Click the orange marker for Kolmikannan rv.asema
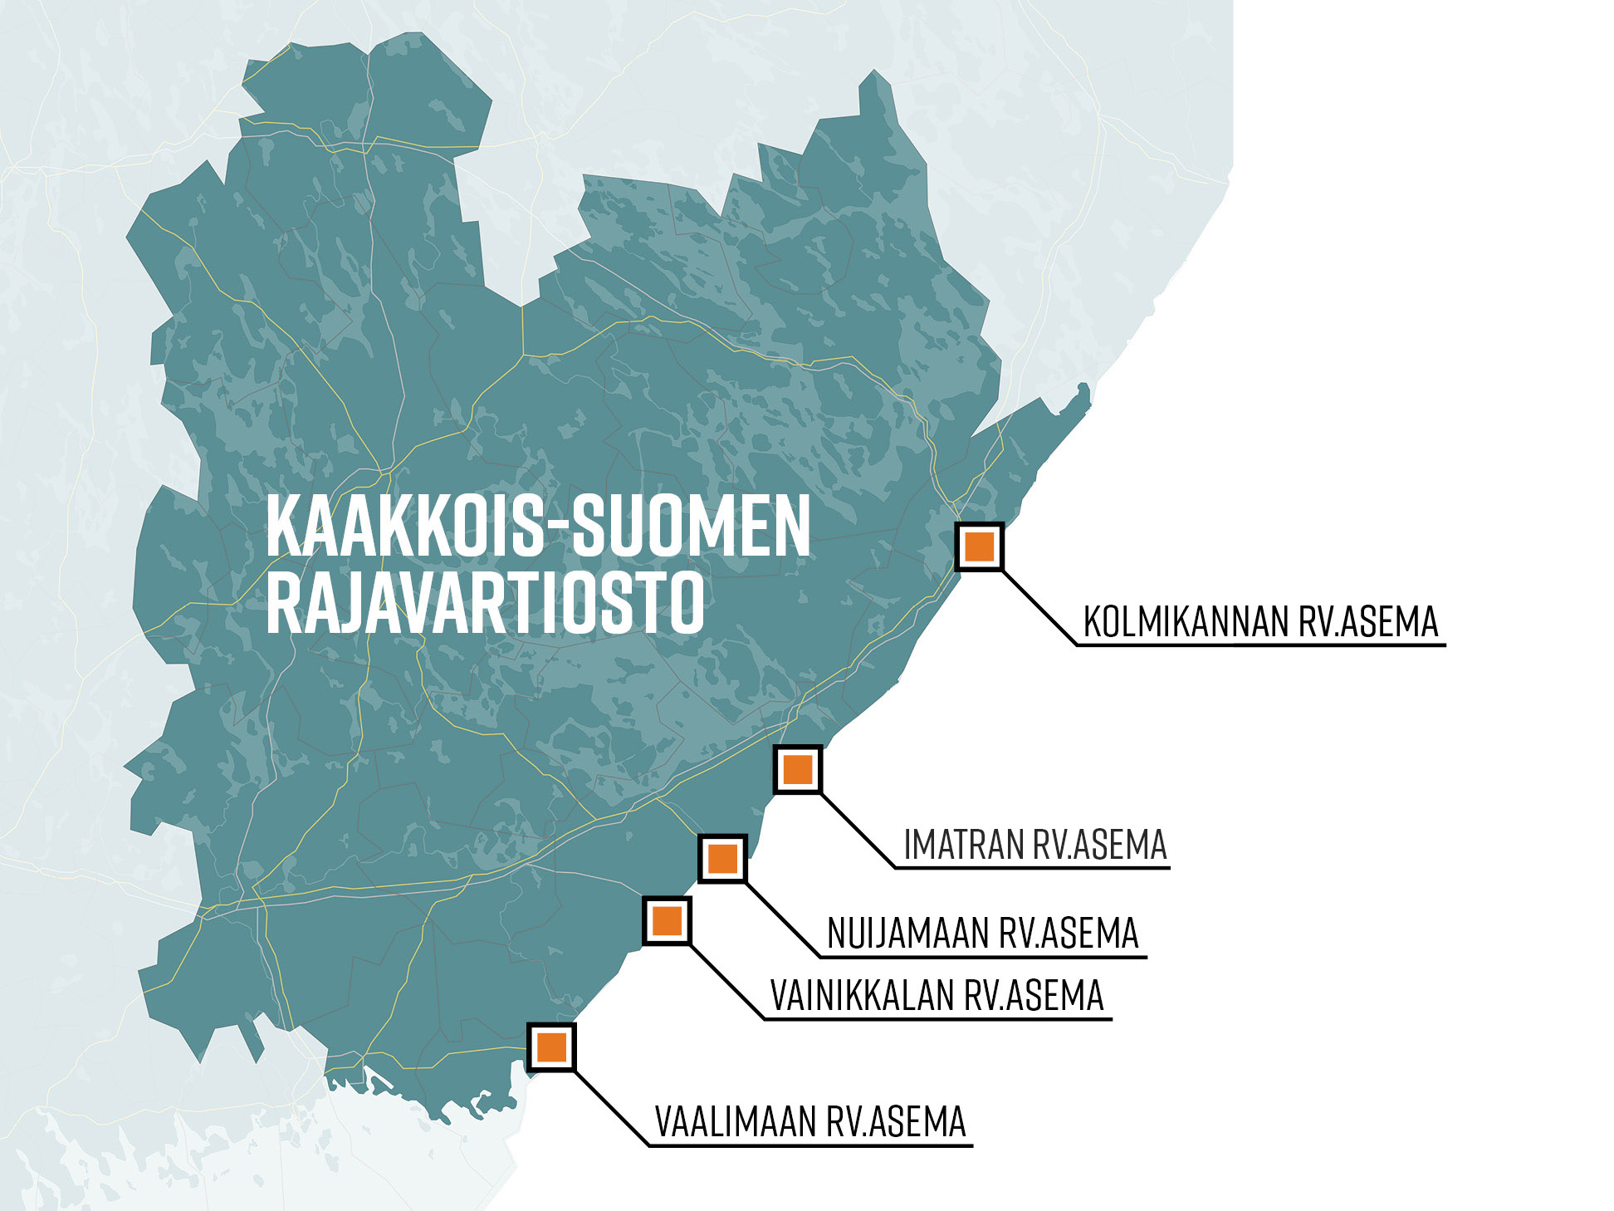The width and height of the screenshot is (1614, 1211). point(980,547)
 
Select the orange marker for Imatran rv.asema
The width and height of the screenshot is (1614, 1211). point(797,769)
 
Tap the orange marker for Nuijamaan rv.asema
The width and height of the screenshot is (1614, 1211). point(722,858)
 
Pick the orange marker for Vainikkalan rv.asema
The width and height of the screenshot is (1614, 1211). point(667,920)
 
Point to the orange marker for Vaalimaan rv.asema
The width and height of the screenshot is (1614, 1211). point(551,1047)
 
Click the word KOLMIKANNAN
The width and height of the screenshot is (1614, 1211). point(1187,622)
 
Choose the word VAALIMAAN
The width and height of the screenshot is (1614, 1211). point(736,1122)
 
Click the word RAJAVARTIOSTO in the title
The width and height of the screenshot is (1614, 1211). point(486,602)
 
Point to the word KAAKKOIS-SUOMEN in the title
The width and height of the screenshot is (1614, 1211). point(538,527)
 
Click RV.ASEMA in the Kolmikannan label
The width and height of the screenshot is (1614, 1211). point(1368,622)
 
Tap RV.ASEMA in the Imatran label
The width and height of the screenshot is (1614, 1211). point(1100,846)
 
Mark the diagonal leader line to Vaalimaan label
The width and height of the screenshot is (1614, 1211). point(611,1109)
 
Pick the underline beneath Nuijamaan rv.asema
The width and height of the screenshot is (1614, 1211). point(984,958)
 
